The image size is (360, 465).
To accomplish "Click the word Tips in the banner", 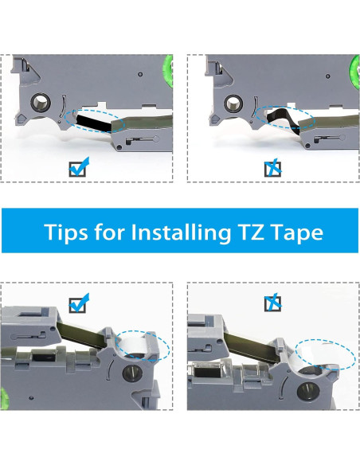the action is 66,232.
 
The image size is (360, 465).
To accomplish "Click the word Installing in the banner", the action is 181,232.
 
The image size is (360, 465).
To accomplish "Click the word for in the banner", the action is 109,231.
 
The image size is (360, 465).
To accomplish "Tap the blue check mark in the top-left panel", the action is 79,166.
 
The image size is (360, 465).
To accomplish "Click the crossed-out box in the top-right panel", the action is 273,168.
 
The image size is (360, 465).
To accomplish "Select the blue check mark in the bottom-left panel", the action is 79,303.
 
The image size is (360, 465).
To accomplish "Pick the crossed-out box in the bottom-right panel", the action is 273,303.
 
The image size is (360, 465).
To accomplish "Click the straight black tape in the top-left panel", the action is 94,122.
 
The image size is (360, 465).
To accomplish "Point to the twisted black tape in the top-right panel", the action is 284,119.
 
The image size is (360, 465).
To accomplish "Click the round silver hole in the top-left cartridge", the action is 41,103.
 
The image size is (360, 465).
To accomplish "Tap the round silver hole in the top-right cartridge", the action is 234,104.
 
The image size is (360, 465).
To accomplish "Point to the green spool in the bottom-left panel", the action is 4,397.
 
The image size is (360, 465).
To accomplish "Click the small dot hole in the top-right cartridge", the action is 327,76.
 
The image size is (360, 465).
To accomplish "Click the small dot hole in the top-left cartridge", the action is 140,74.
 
